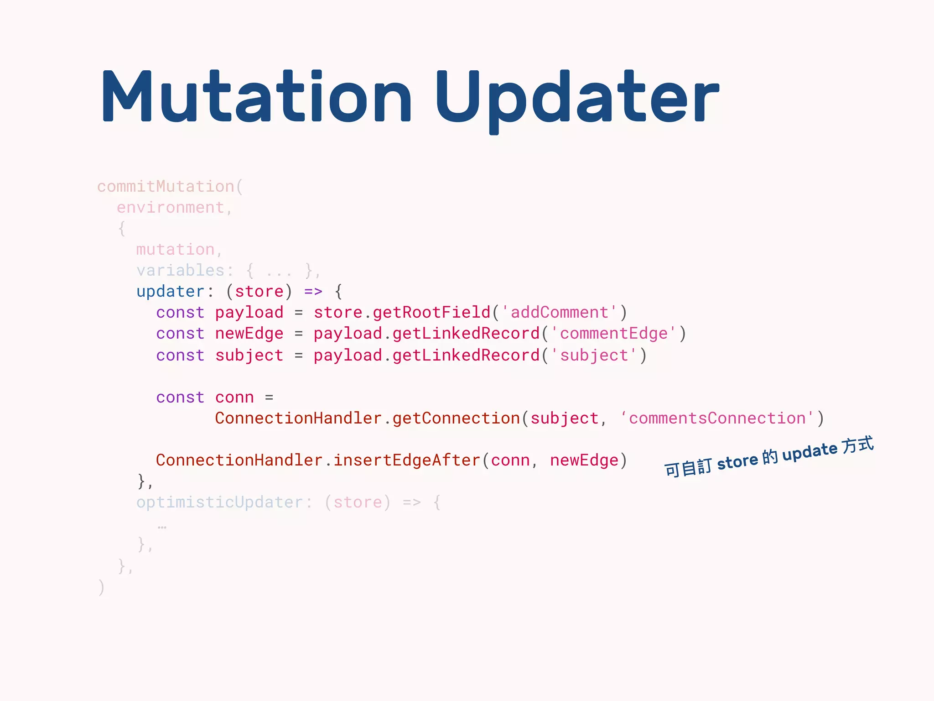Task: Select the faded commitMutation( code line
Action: pyautogui.click(x=170, y=187)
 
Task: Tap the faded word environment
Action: pyautogui.click(x=171, y=208)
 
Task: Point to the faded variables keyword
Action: pyautogui.click(x=181, y=271)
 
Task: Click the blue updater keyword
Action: pyautogui.click(x=171, y=292)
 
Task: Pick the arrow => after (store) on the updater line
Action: pyautogui.click(x=313, y=292)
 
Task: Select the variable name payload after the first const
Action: pyautogui.click(x=249, y=313)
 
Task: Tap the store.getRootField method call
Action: pyautogui.click(x=401, y=313)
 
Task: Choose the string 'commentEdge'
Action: pyautogui.click(x=613, y=334)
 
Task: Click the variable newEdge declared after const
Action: pyautogui.click(x=249, y=334)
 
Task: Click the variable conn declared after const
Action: pyautogui.click(x=234, y=398)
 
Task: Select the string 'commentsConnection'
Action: pyautogui.click(x=717, y=419)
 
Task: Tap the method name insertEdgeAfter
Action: pyautogui.click(x=407, y=460)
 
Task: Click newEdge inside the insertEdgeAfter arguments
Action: pyautogui.click(x=584, y=460)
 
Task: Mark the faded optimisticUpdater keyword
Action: pyautogui.click(x=220, y=502)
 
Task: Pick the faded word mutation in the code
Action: pyautogui.click(x=175, y=250)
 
